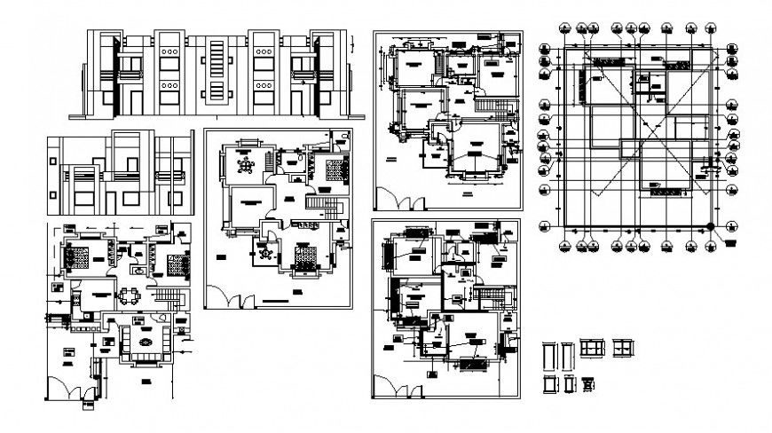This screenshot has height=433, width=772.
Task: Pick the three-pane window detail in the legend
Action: pyautogui.click(x=592, y=349)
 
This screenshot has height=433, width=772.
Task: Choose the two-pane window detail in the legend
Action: pyautogui.click(x=624, y=349)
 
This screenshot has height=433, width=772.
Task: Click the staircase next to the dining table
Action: pyautogui.click(x=168, y=295)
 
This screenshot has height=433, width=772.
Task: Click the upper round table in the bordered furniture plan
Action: pyautogui.click(x=246, y=166)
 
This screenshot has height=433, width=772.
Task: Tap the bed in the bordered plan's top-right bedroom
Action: pyautogui.click(x=335, y=169)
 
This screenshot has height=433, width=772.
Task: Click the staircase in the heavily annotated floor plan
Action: pyautogui.click(x=487, y=295)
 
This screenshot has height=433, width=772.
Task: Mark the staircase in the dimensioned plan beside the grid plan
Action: pyautogui.click(x=492, y=107)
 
